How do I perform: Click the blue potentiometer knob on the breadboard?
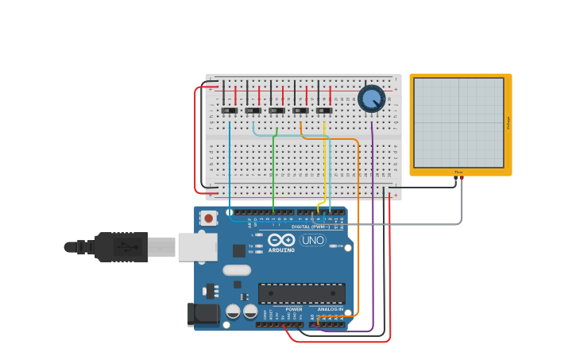point(371,99)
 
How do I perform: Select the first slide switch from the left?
point(230,110)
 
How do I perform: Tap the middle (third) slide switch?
point(276,110)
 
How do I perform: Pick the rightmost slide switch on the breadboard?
point(324,110)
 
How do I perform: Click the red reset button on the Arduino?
point(208,218)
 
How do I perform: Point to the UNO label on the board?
point(312,240)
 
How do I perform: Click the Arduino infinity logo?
point(281,240)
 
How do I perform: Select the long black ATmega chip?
point(301,293)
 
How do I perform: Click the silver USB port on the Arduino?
point(197,247)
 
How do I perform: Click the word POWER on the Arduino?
point(294,309)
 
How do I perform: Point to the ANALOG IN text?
point(331,309)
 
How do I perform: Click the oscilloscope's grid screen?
point(458,122)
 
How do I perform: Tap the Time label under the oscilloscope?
point(458,172)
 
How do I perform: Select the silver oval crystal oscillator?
point(237,270)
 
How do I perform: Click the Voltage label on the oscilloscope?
point(508,122)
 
